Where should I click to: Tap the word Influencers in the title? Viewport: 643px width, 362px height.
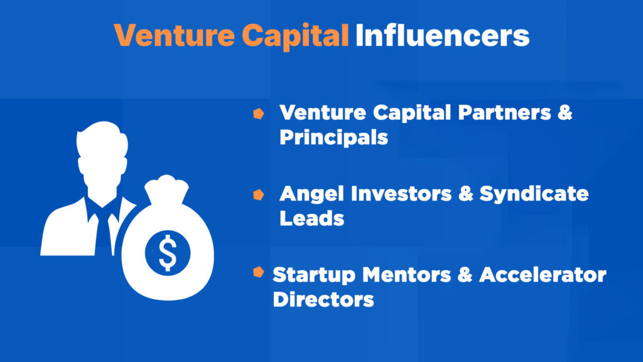point(442,35)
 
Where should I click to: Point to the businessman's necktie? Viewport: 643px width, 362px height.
point(100,229)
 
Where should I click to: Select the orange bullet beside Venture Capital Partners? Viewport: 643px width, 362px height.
point(257,114)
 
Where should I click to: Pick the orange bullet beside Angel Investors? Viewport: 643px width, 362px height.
point(257,195)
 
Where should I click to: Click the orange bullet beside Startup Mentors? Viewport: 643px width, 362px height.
point(257,271)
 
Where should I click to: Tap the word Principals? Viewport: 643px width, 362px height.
point(333,137)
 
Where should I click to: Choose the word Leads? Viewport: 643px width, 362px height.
point(312,218)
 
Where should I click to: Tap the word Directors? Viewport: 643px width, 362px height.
point(323,299)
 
